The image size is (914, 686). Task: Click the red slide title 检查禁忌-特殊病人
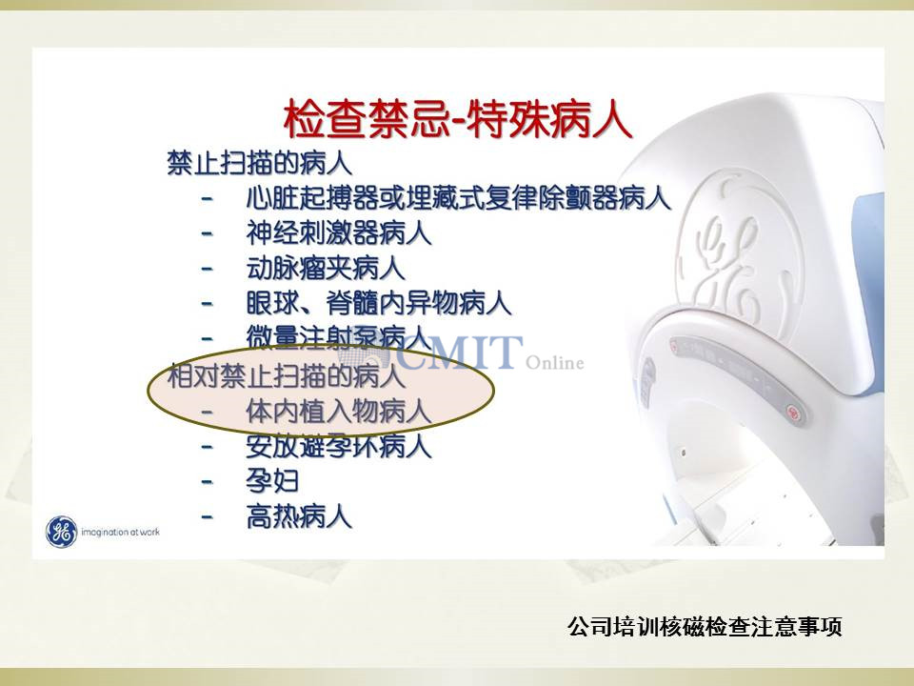click(458, 120)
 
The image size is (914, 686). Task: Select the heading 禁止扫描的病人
click(259, 163)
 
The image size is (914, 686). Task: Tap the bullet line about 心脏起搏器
click(458, 198)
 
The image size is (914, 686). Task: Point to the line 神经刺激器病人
click(339, 233)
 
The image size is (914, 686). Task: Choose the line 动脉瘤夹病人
click(326, 269)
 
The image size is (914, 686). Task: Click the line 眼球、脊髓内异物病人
click(379, 303)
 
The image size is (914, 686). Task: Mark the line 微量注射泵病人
click(339, 337)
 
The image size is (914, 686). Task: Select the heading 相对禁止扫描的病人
click(287, 375)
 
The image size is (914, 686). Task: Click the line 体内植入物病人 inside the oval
click(339, 412)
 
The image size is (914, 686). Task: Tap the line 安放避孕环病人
click(339, 447)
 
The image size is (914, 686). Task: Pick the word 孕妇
click(272, 482)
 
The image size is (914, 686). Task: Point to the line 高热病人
click(299, 516)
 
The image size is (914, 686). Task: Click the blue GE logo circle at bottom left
click(61, 532)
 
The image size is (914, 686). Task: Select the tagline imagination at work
click(120, 532)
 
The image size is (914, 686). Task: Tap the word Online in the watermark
click(555, 363)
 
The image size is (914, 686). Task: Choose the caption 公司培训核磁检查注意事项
click(705, 627)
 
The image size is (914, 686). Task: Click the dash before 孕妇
click(207, 482)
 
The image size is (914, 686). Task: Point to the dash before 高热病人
click(207, 517)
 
